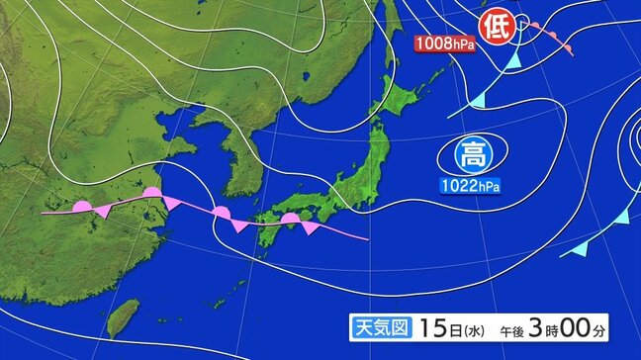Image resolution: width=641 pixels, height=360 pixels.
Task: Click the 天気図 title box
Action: pyautogui.click(x=380, y=326)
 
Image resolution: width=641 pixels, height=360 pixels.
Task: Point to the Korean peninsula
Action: pyautogui.click(x=240, y=158)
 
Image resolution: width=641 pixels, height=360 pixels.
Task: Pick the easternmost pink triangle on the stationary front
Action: pyautogui.click(x=312, y=228)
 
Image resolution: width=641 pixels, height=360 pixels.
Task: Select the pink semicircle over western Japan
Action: pyautogui.click(x=289, y=219)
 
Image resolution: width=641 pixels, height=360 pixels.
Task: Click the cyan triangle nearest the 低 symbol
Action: pyautogui.click(x=511, y=61)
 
